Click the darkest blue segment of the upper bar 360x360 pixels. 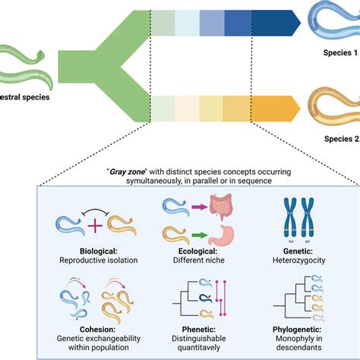[270, 22]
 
